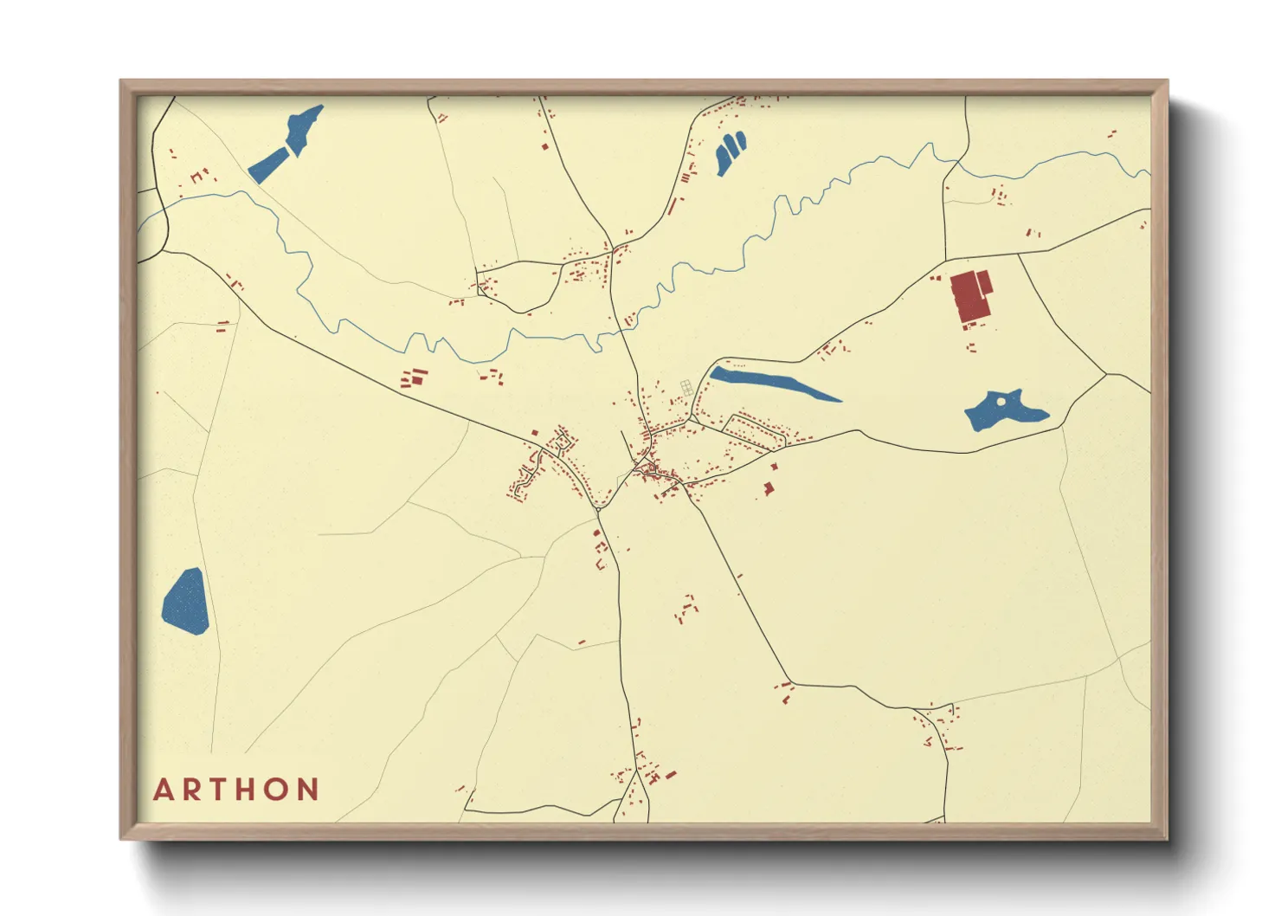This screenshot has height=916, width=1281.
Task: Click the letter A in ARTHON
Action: [164, 790]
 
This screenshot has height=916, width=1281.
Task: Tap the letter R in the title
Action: [192, 790]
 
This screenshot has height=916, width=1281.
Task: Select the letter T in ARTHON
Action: [219, 790]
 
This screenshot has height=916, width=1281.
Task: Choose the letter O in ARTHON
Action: [279, 790]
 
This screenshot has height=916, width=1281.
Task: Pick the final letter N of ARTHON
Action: [309, 790]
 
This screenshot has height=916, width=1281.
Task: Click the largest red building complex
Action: [970, 297]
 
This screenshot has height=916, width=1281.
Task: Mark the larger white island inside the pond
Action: [1002, 402]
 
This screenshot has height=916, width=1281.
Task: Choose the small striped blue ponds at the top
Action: [731, 152]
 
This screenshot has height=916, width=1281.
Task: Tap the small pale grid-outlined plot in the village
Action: [686, 387]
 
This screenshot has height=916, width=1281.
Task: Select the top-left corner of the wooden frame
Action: [122, 81]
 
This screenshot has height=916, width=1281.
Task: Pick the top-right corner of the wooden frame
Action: [1166, 81]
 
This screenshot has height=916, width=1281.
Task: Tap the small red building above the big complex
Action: [936, 278]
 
